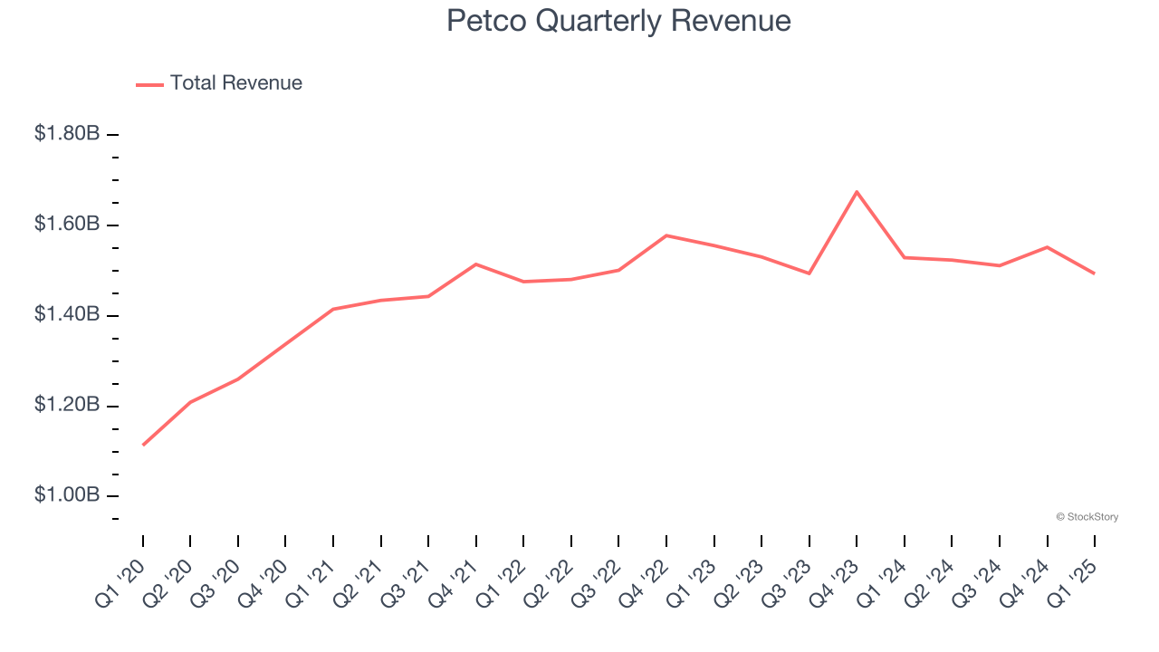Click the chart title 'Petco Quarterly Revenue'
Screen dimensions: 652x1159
[x=618, y=21]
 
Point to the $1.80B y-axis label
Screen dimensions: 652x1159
[x=67, y=134]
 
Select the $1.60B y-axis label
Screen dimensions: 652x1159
[x=67, y=224]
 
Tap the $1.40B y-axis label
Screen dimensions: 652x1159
[x=67, y=314]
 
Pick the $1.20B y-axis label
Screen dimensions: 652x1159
[x=67, y=405]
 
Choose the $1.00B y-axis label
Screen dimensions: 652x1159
[x=67, y=495]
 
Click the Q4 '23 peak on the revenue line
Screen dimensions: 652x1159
[x=857, y=192]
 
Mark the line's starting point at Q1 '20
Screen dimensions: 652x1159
[x=143, y=445]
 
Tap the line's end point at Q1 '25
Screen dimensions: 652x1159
[x=1094, y=273]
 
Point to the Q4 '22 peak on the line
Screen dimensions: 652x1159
[x=666, y=235]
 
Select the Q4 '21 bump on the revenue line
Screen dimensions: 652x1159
[x=476, y=264]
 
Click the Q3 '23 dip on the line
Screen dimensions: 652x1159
[x=809, y=273]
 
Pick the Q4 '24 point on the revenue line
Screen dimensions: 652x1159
[x=1047, y=247]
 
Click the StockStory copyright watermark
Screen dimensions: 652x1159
[x=1087, y=517]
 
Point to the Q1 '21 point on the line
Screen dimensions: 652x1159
[x=333, y=309]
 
